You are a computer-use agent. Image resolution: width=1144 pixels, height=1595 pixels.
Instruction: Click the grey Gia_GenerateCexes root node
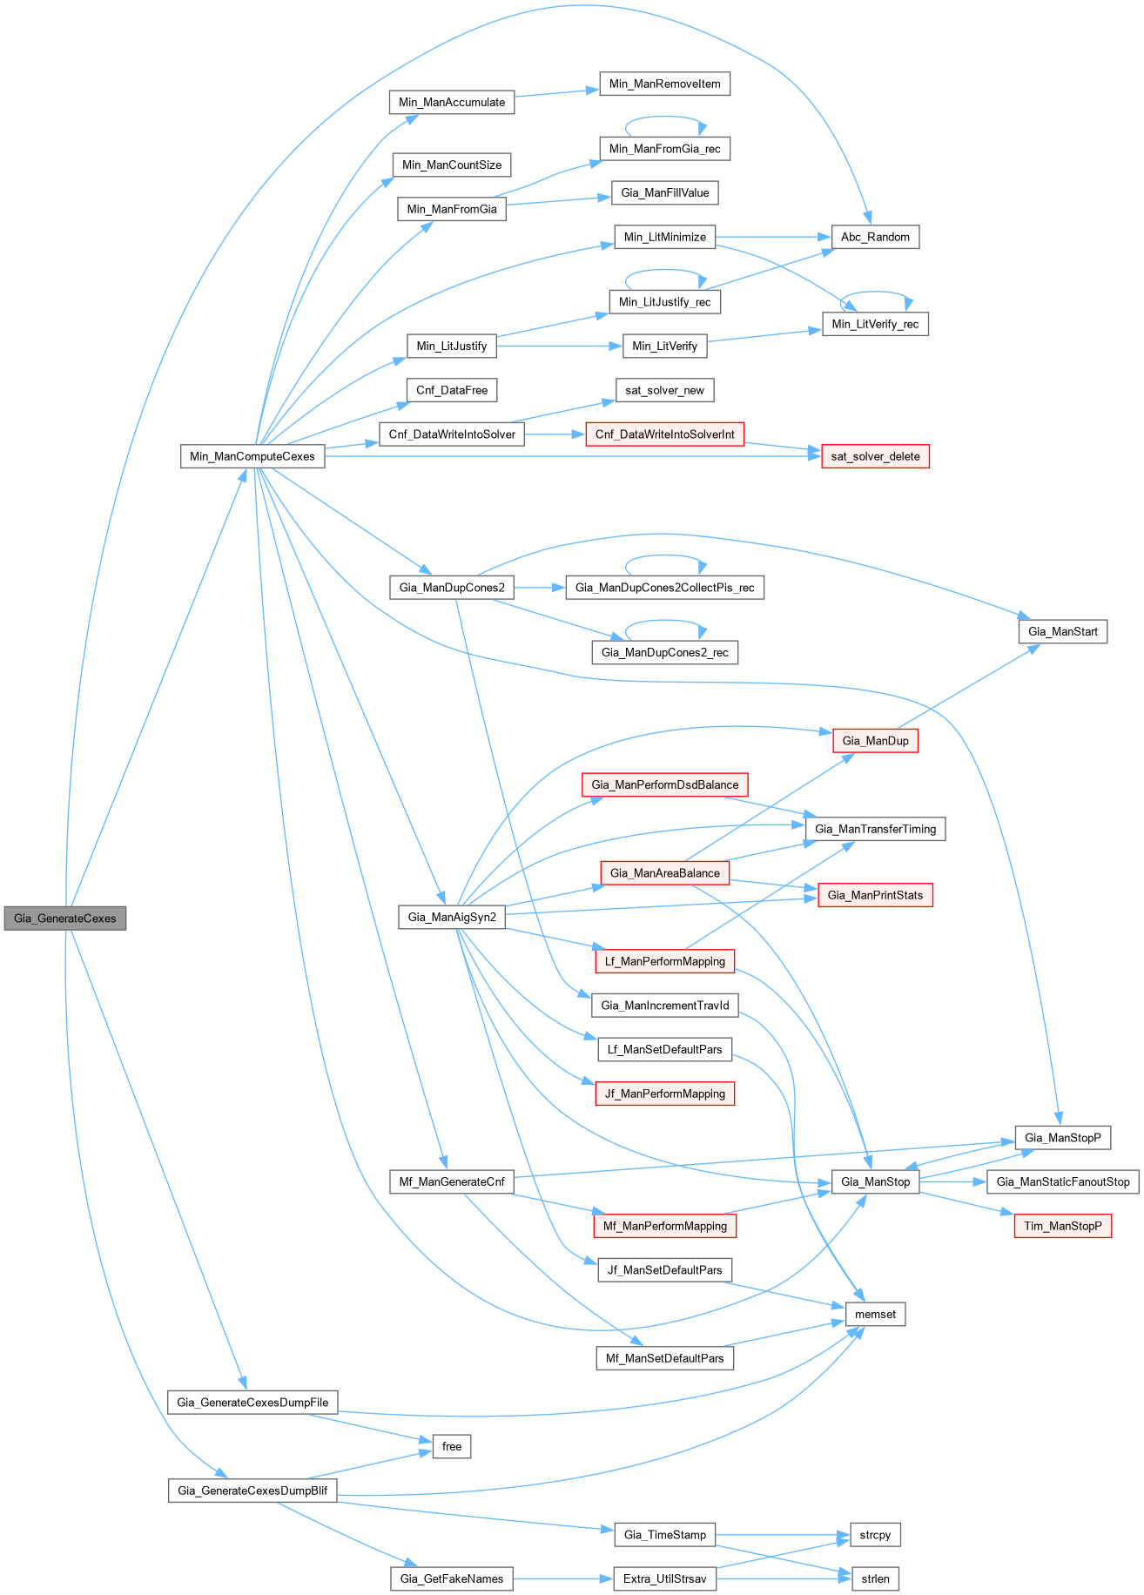click(65, 918)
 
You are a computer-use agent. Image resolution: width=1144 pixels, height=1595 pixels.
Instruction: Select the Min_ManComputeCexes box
click(252, 456)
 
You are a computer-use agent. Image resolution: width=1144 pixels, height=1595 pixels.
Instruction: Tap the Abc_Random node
click(875, 237)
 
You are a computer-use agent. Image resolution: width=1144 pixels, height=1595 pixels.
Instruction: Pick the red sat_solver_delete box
click(875, 456)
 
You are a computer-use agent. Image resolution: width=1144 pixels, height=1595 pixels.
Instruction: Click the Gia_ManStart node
click(1062, 631)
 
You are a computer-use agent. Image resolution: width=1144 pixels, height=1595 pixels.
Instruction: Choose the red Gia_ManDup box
click(875, 741)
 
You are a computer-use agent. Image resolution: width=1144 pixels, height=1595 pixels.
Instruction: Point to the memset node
click(875, 1314)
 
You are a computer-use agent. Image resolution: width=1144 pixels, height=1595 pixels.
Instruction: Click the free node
click(452, 1446)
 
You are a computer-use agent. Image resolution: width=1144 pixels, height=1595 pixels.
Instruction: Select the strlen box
click(875, 1578)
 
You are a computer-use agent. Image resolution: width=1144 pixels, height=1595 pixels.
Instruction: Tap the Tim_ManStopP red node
click(1062, 1226)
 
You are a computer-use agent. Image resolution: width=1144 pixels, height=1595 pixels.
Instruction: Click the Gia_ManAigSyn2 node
click(452, 917)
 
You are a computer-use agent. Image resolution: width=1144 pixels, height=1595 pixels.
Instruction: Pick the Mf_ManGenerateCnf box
click(452, 1181)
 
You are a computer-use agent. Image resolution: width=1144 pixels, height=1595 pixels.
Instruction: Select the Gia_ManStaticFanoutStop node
click(1062, 1181)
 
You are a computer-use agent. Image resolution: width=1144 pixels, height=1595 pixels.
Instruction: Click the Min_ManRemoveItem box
click(664, 84)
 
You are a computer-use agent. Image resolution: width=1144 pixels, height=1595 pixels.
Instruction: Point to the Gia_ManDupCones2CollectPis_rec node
click(664, 588)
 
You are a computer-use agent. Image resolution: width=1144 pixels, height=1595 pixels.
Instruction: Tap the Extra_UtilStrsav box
click(664, 1578)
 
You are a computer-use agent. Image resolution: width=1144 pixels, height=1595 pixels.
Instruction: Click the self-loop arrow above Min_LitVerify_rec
click(875, 293)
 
